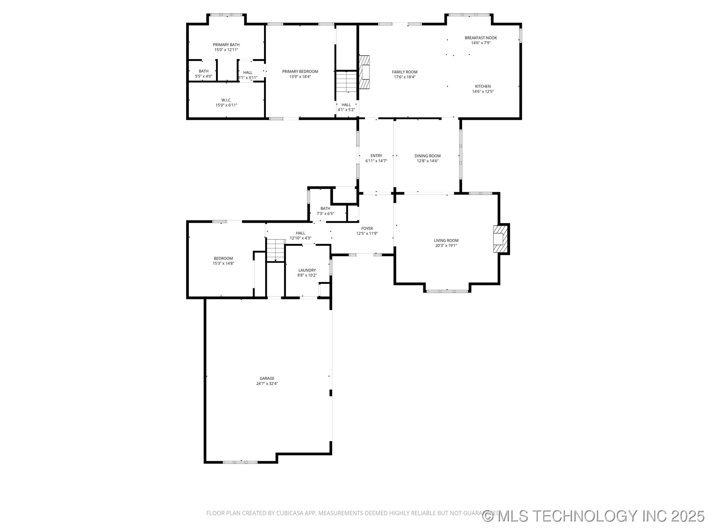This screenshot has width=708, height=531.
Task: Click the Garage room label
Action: pos(267,378)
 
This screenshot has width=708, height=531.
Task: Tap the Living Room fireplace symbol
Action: pos(500,239)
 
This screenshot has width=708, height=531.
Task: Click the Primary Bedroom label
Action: pos(300,72)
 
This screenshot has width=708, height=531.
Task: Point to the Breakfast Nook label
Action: pos(481,38)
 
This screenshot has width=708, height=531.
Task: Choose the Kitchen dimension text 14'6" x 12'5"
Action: pos(483,91)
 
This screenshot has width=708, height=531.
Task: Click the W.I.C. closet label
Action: pos(226,100)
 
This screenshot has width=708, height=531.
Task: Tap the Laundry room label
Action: pos(307,270)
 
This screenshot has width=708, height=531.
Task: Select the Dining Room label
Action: pos(428,156)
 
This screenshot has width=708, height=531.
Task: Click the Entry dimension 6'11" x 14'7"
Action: pos(376,161)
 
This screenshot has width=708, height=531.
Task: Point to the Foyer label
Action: pos(367,229)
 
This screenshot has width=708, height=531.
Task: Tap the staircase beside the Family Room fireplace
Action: pos(346,82)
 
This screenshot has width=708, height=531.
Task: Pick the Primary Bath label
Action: pos(226,45)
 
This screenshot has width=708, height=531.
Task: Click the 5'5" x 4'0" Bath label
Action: pos(204,74)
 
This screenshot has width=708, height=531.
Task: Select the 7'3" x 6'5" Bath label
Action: pos(325,211)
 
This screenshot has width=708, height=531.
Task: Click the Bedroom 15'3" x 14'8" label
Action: pos(223,261)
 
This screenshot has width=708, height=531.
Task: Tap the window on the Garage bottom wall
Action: pos(240,462)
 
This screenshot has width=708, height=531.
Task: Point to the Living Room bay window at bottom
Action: pos(447,291)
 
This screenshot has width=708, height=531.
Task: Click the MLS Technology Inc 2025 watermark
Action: pos(593,516)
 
